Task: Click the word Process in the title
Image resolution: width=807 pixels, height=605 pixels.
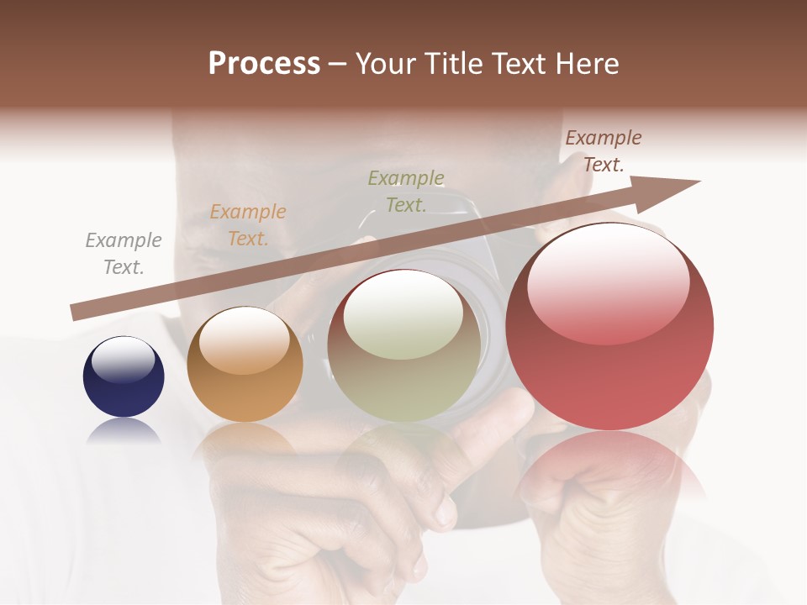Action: tap(264, 64)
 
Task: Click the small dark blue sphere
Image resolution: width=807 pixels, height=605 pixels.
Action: tap(124, 377)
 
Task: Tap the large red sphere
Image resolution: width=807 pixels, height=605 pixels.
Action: tap(609, 328)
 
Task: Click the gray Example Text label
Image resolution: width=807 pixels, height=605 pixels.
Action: tap(123, 254)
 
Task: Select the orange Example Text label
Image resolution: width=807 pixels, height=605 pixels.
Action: tap(248, 225)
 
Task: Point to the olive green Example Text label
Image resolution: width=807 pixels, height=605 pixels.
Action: tap(406, 191)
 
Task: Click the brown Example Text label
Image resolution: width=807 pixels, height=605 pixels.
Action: tap(603, 151)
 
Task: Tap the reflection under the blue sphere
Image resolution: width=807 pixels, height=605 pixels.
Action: tap(124, 430)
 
